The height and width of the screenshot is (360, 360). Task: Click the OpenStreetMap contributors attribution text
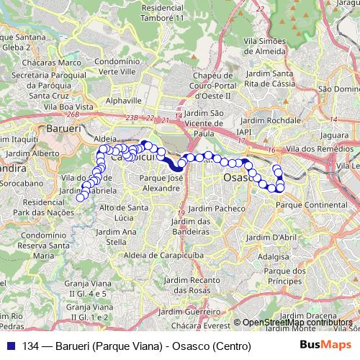(x=297, y=322)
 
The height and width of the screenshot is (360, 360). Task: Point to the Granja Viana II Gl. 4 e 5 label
(x=85, y=289)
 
